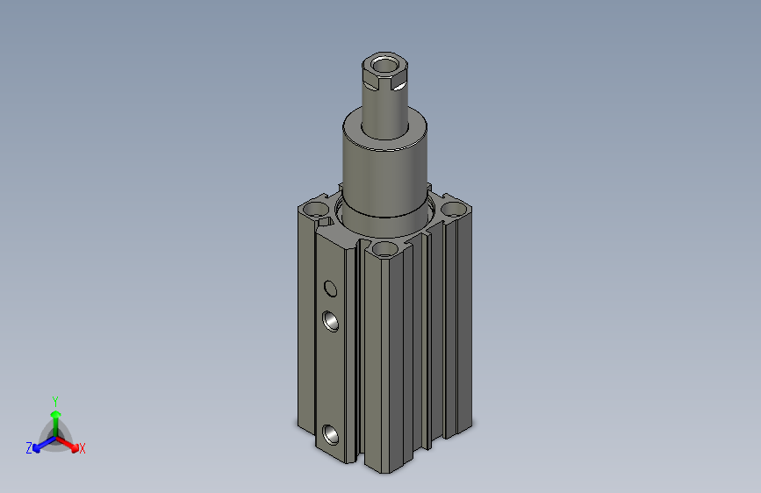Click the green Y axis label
pyautogui.click(x=55, y=402)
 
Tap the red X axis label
pyautogui.click(x=82, y=448)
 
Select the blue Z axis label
pyautogui.click(x=29, y=448)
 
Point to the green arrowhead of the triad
pyautogui.click(x=56, y=414)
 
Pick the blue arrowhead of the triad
pyautogui.click(x=37, y=447)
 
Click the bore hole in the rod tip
pyautogui.click(x=384, y=65)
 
